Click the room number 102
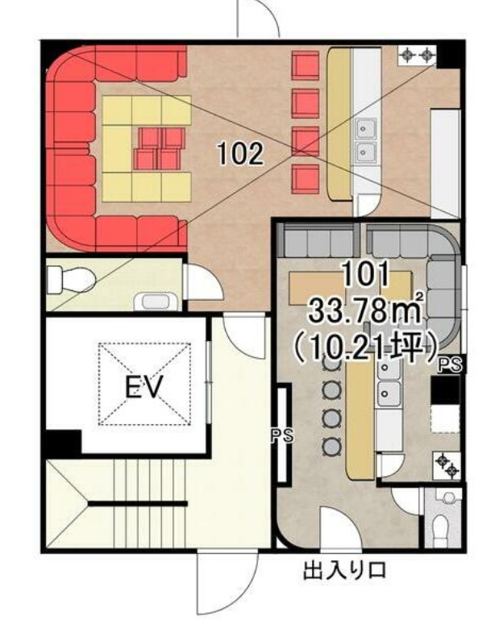point(240,154)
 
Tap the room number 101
point(365,275)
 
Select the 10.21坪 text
point(365,345)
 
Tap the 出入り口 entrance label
point(344,570)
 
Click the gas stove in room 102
point(417,56)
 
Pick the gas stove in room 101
point(447,466)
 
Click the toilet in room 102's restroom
point(71,280)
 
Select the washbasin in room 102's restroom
point(156,302)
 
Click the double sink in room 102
point(365,140)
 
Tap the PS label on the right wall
point(450,364)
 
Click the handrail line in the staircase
point(137,503)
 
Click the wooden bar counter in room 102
point(340,123)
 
